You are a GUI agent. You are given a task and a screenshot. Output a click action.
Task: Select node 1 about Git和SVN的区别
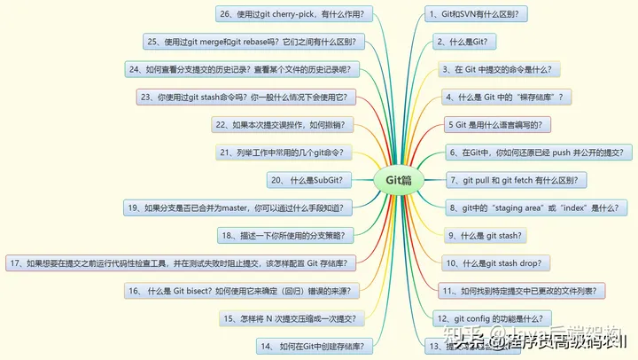coord(479,14)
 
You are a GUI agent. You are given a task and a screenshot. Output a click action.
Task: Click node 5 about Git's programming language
coord(500,124)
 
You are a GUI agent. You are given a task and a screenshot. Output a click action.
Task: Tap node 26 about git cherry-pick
coord(295,14)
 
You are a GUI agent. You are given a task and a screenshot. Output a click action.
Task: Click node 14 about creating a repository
coord(310,345)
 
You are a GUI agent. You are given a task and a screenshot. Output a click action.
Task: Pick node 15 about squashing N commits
coord(290,317)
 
